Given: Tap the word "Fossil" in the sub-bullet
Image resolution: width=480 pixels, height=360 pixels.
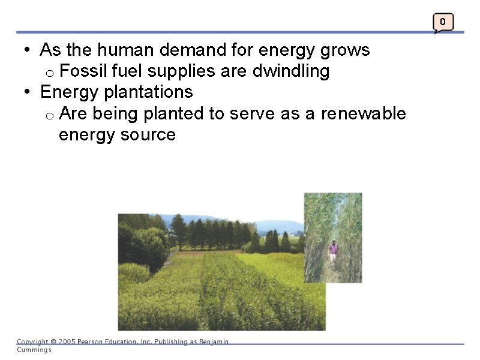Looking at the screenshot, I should [80, 71].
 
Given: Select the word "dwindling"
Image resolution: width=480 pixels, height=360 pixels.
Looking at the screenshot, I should [291, 71].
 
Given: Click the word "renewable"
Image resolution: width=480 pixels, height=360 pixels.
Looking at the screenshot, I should [363, 113].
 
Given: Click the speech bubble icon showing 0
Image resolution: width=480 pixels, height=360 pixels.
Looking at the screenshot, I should [443, 23].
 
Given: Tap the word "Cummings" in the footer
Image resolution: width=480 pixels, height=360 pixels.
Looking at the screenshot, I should [34, 350].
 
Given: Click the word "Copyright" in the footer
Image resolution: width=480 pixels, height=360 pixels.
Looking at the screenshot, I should [33, 342].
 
